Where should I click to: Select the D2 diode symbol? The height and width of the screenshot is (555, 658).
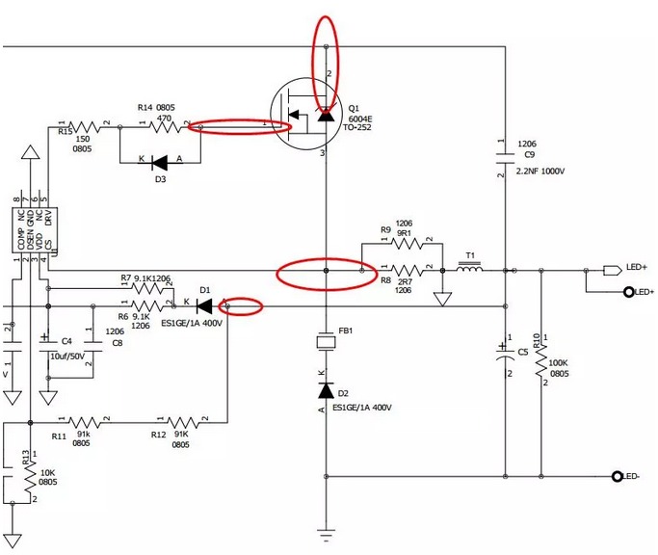point(326,391)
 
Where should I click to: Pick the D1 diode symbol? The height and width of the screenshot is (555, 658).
point(203,306)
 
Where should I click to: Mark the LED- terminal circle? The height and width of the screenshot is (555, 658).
point(616,477)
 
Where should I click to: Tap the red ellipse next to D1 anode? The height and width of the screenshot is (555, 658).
point(242,306)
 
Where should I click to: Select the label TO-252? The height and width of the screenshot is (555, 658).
point(361,128)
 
